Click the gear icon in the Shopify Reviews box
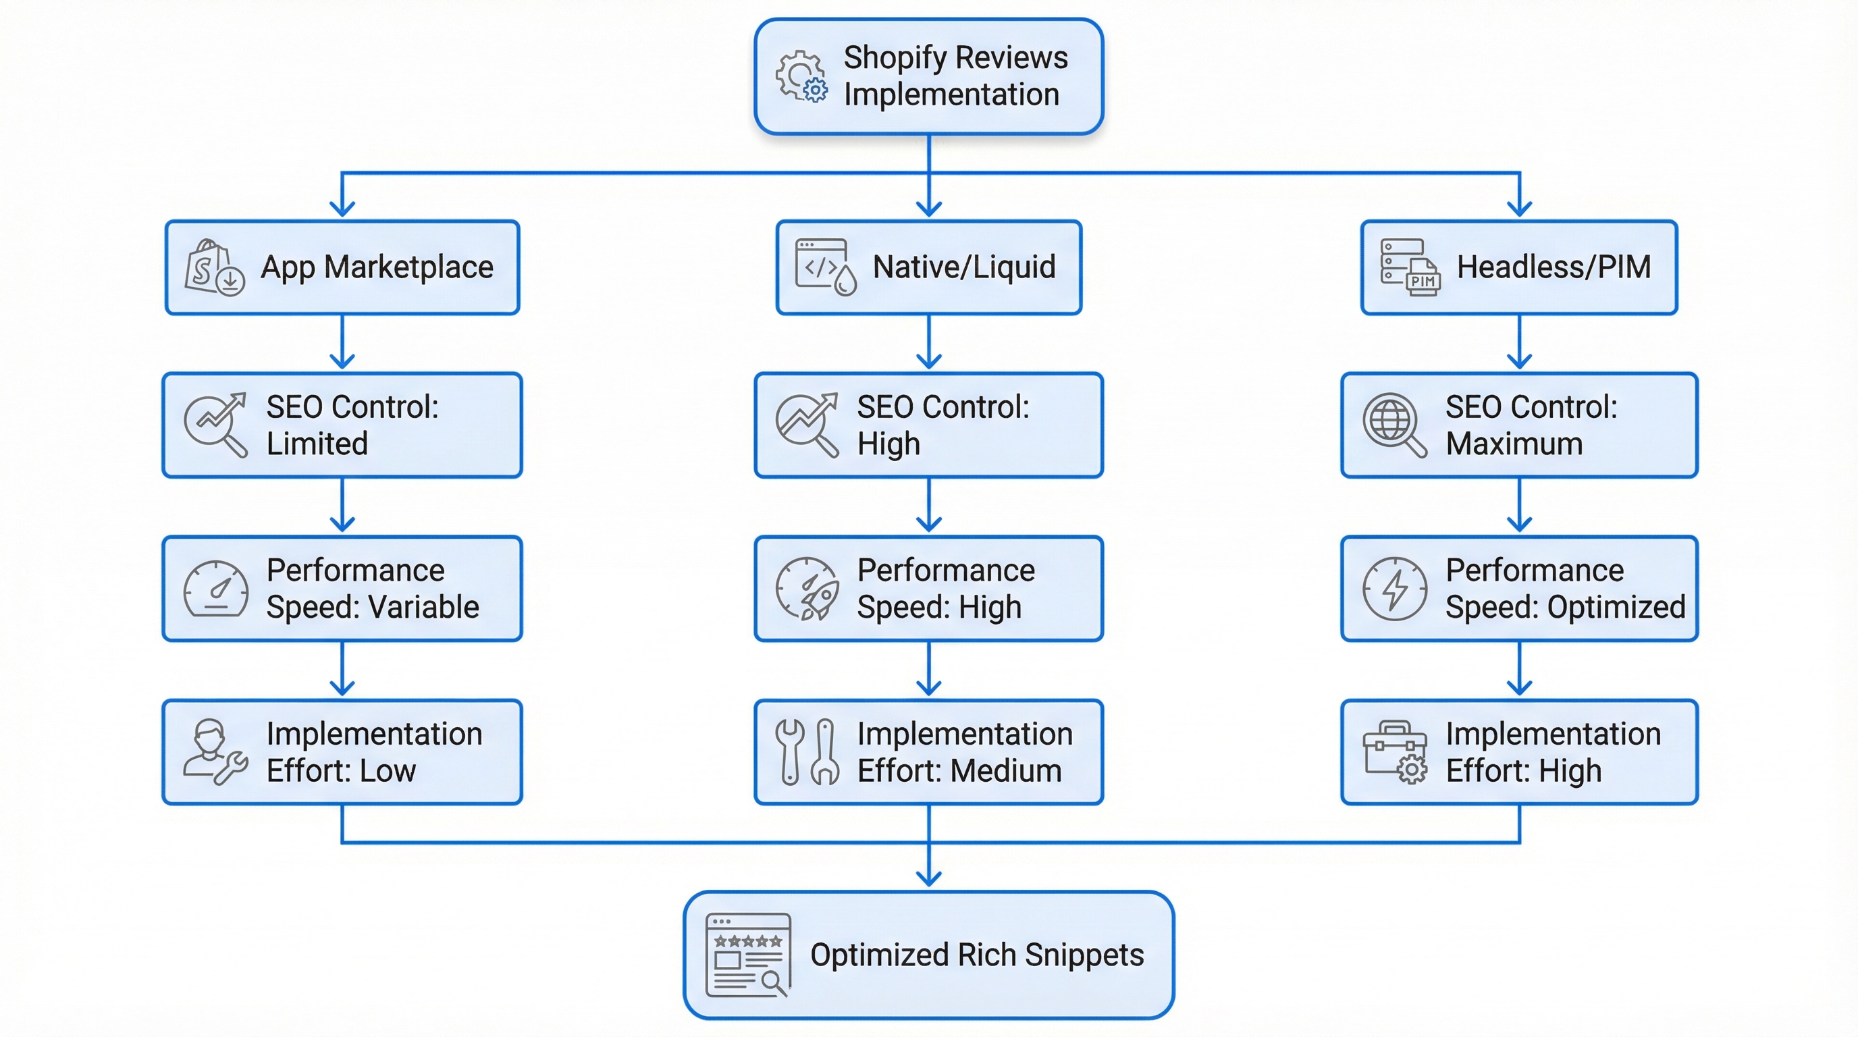(x=801, y=76)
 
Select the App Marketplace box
(x=342, y=267)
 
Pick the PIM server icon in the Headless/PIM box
(x=1410, y=267)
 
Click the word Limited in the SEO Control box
(x=317, y=444)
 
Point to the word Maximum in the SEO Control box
(x=1514, y=444)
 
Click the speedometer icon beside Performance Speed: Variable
(x=215, y=589)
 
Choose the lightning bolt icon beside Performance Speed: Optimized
(x=1394, y=589)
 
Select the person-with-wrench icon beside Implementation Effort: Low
(x=214, y=752)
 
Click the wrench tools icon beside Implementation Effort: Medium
(x=807, y=752)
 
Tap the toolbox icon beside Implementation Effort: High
(x=1395, y=752)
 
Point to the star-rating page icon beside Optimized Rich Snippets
(x=748, y=955)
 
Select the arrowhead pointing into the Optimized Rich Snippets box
(x=928, y=878)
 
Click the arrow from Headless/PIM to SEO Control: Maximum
(x=1519, y=342)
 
